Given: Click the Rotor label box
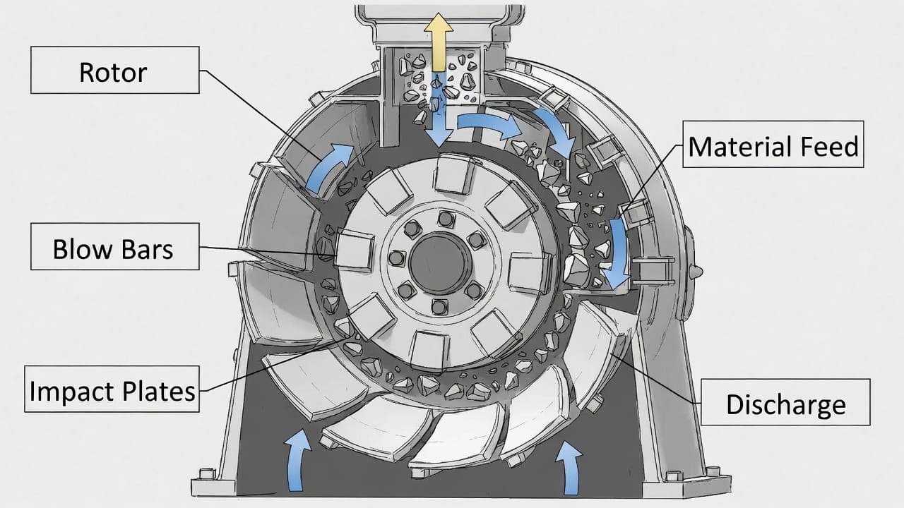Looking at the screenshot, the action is (x=115, y=70).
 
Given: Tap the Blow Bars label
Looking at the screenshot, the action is (x=115, y=246).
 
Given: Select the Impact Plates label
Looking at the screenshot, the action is (x=112, y=389).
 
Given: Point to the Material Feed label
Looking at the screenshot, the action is (x=773, y=144).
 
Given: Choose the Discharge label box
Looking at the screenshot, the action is (x=786, y=402).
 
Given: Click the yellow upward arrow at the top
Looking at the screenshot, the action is (x=439, y=42).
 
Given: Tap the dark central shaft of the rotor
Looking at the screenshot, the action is (x=440, y=263).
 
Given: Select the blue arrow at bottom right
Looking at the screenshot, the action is (x=569, y=468).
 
